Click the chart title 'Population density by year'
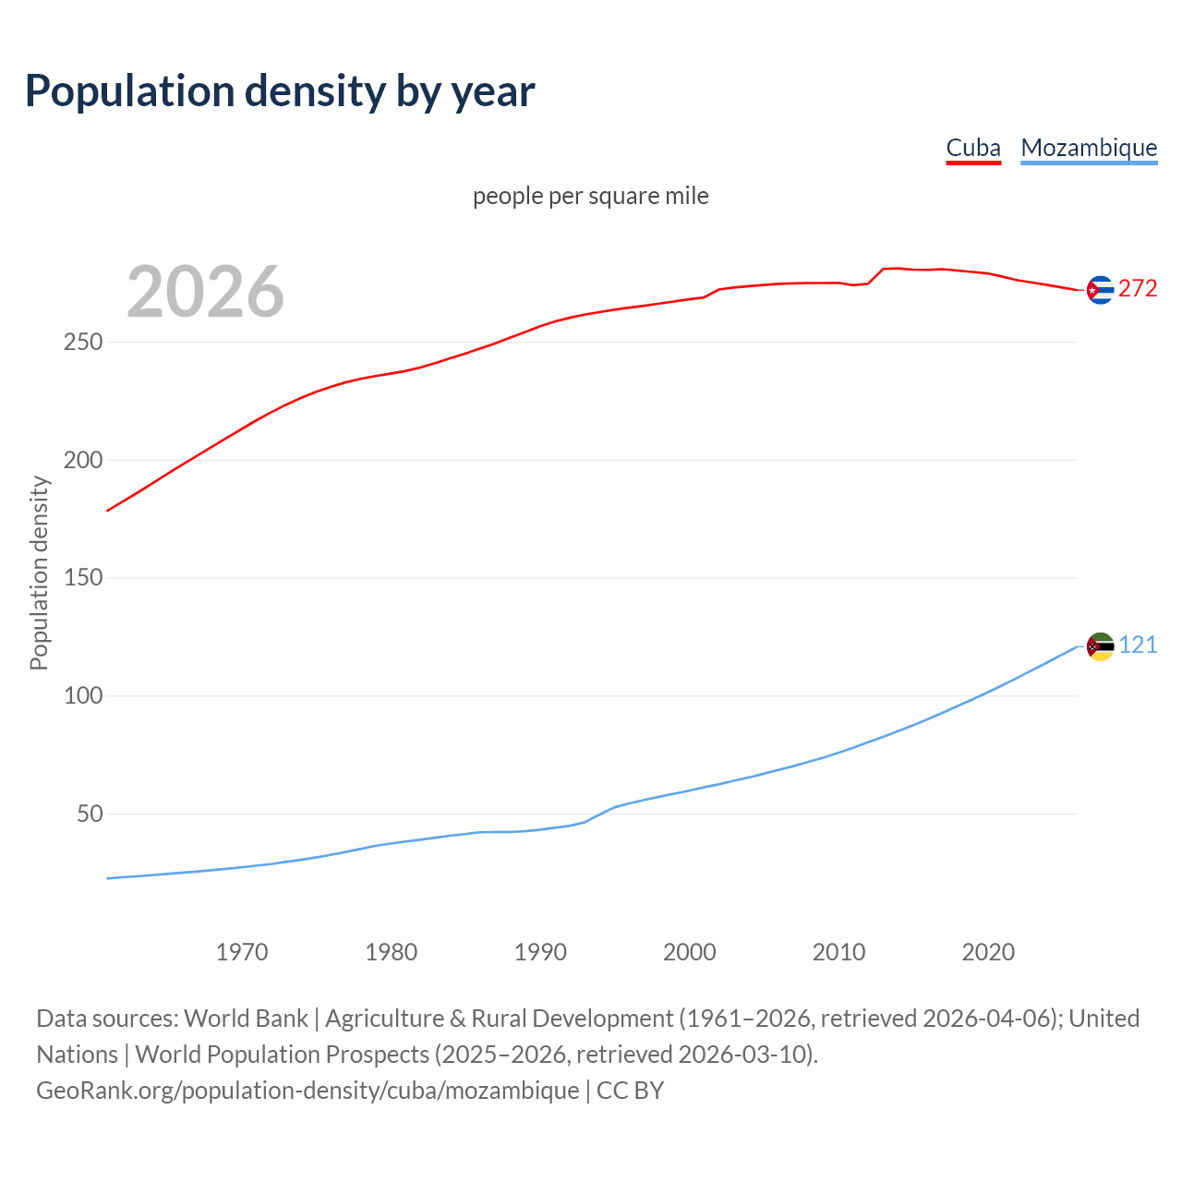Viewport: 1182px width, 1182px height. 280,90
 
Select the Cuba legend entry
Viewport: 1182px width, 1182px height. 973,148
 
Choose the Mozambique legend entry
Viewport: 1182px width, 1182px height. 1089,148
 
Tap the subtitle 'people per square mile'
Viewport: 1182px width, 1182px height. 591,196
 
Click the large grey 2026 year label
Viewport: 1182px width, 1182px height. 205,292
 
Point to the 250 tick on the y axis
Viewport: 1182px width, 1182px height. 83,343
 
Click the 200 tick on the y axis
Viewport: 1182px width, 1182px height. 83,460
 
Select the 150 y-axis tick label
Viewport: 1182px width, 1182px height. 83,578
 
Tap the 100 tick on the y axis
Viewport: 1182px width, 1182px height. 83,696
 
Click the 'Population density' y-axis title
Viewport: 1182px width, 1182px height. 39,573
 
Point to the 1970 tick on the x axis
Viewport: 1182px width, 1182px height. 242,952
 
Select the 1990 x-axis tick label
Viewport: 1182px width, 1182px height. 540,952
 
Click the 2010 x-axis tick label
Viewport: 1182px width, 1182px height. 838,952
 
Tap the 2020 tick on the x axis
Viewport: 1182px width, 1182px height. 988,952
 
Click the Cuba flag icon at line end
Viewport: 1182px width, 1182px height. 1100,290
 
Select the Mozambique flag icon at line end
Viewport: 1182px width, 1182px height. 1100,646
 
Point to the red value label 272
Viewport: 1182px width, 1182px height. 1138,289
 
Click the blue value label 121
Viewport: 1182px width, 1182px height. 1138,645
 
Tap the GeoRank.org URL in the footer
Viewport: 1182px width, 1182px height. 308,1091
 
